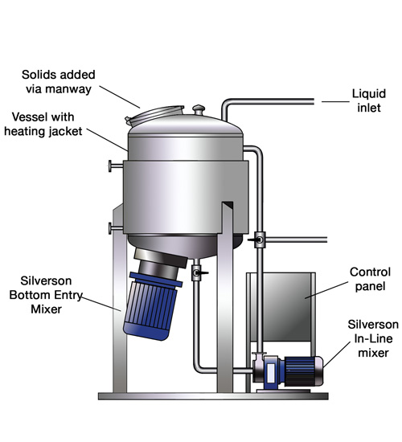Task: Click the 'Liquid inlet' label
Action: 369,100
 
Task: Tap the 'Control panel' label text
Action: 370,279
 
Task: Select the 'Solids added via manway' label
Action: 59,82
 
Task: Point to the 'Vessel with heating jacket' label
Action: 43,124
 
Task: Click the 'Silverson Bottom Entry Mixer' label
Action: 46,295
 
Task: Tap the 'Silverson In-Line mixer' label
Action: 373,338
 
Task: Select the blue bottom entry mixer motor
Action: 152,306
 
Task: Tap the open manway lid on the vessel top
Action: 154,115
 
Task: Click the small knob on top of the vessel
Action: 199,109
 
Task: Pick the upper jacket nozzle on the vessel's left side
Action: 116,166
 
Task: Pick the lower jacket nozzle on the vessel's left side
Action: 116,228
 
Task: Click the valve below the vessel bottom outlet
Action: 198,272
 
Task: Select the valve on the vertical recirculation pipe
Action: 258,239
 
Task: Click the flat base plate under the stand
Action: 213,396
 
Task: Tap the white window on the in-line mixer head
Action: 270,373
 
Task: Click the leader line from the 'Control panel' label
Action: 326,290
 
